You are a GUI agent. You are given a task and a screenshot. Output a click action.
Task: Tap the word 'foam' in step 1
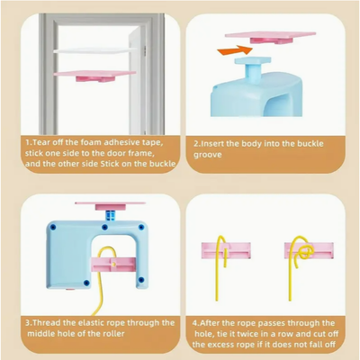(x=85, y=142)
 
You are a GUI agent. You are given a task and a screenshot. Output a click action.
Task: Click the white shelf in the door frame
(x=94, y=50)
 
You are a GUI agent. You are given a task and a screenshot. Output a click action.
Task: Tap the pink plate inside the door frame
(x=94, y=76)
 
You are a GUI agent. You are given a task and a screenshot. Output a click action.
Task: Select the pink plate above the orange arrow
(x=270, y=37)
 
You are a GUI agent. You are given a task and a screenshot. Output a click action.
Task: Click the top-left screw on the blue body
(x=53, y=227)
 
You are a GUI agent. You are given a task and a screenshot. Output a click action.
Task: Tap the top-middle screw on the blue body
(x=104, y=227)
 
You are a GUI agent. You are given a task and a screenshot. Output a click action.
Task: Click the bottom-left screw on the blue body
(x=86, y=283)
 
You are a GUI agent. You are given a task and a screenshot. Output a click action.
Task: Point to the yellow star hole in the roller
(x=113, y=264)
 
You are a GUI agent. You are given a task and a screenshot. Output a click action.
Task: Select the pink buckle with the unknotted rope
(x=226, y=250)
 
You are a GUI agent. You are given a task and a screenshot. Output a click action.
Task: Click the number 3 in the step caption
(x=28, y=323)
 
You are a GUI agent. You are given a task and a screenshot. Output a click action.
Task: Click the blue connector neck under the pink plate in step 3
(x=111, y=215)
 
